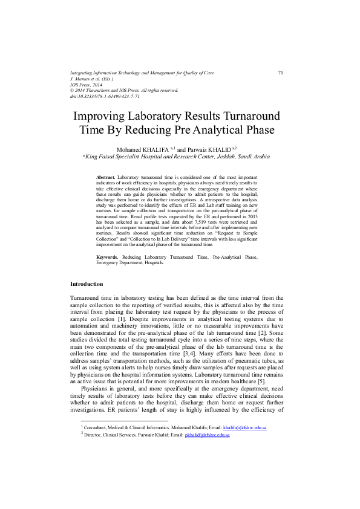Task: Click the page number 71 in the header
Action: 281,73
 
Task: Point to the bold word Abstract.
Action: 106,177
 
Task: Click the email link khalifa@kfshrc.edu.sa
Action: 244,427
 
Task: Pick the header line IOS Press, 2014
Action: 87,85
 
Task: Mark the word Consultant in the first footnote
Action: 98,427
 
